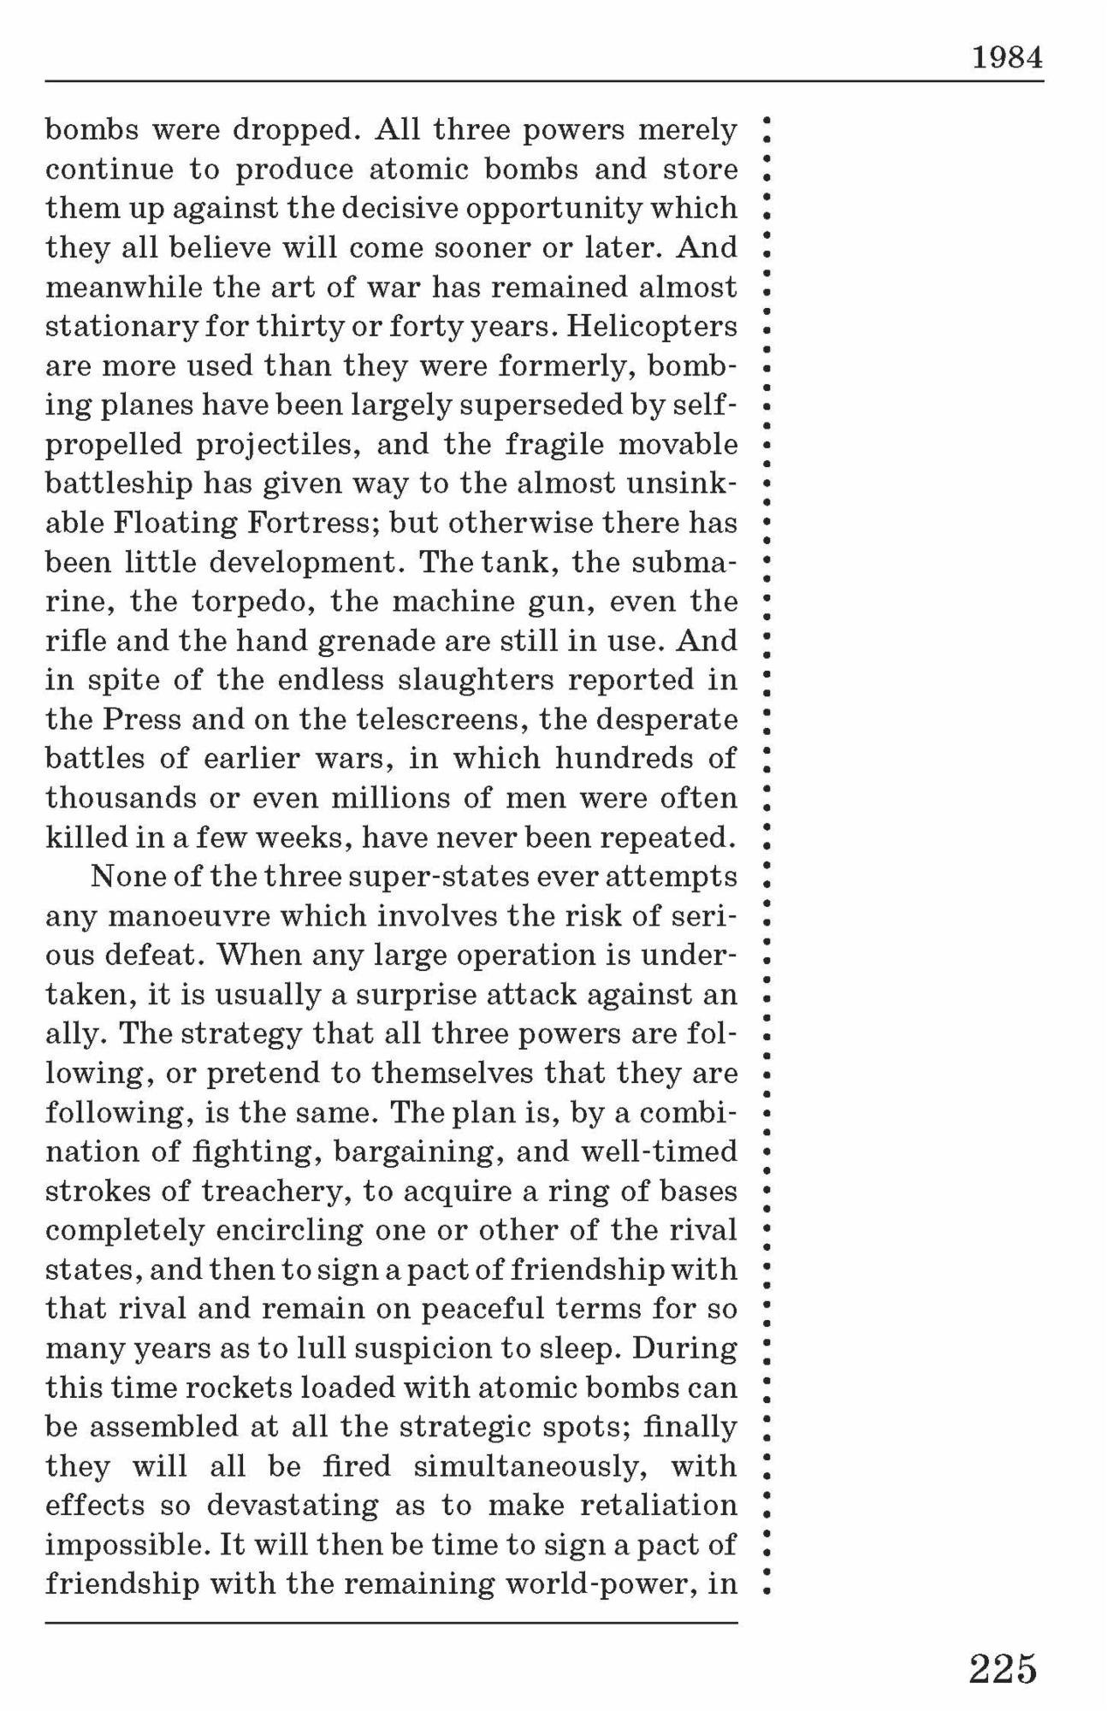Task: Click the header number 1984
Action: [x=1007, y=59]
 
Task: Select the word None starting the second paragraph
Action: [x=124, y=877]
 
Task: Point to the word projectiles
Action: [x=276, y=445]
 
